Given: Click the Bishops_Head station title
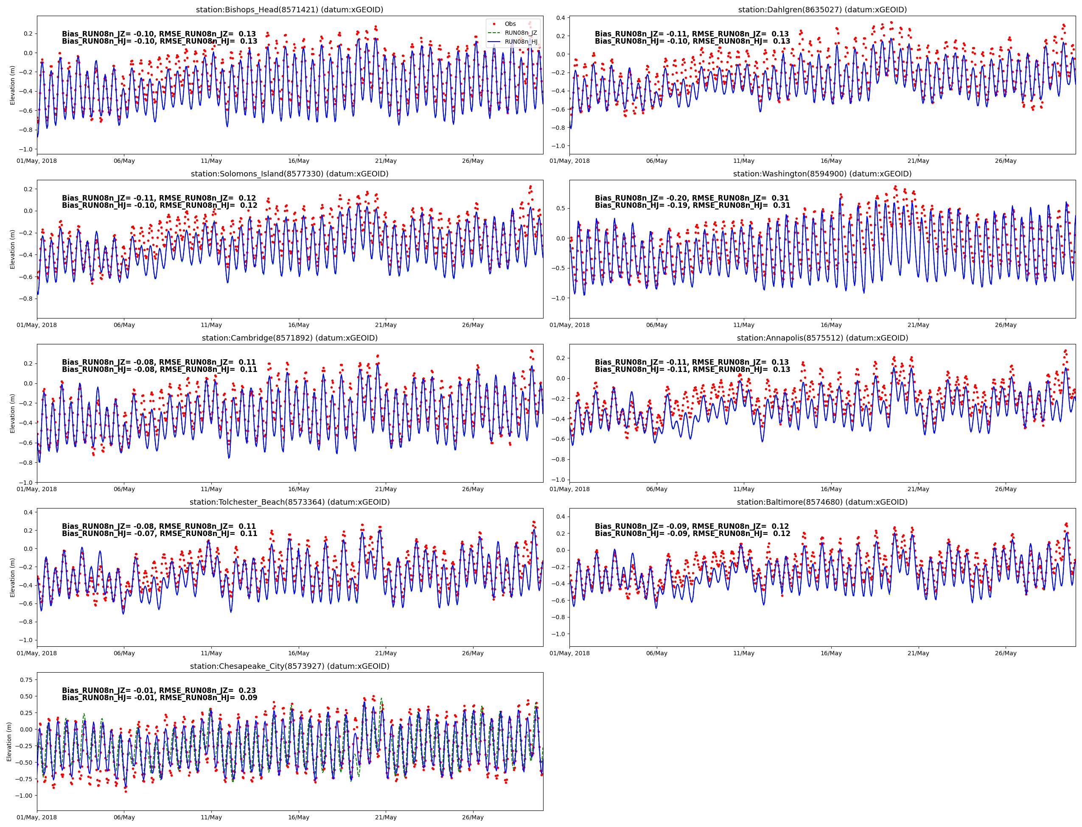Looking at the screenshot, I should click(289, 10).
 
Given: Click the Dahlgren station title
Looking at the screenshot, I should click(822, 10).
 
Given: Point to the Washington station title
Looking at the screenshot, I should click(822, 174).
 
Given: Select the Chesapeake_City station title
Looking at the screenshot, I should click(289, 666).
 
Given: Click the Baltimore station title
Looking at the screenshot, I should click(822, 502).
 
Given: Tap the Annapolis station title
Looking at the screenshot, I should click(822, 338).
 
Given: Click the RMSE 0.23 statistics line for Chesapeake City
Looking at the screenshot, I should click(159, 690).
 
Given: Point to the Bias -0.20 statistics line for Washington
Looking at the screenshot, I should click(692, 198).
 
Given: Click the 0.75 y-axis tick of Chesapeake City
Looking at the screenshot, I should click(25, 680).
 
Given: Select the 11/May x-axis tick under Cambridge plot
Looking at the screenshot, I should click(211, 489).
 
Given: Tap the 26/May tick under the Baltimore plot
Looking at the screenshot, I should click(1005, 653).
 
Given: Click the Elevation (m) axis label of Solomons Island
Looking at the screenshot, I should click(13, 249).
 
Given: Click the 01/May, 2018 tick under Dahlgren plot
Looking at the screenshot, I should click(569, 161).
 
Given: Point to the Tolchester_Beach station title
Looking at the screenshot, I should click(289, 502).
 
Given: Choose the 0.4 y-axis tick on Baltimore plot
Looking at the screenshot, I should click(560, 517).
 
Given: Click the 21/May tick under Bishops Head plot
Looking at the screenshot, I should click(386, 161).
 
